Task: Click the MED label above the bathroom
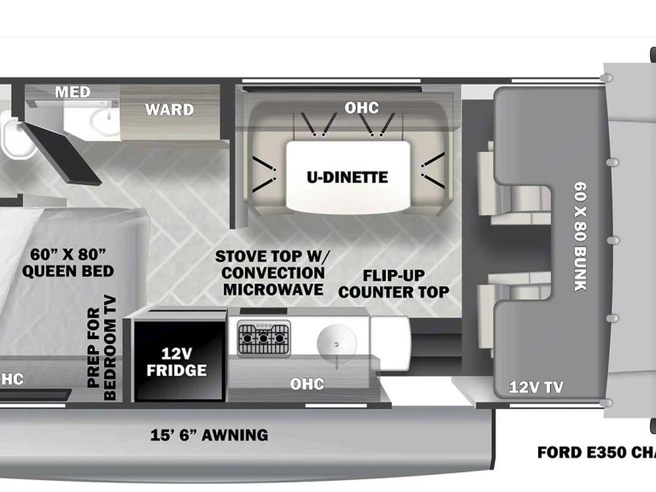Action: pyautogui.click(x=73, y=92)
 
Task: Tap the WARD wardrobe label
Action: pyautogui.click(x=169, y=109)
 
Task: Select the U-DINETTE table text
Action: pyautogui.click(x=347, y=178)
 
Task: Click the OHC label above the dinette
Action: pyautogui.click(x=361, y=108)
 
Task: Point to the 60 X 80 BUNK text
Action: pyautogui.click(x=581, y=236)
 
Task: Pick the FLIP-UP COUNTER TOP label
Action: pyautogui.click(x=394, y=284)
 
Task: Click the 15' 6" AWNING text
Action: pyautogui.click(x=209, y=435)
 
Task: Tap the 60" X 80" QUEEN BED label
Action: pyautogui.click(x=68, y=262)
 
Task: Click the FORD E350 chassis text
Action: pyautogui.click(x=595, y=452)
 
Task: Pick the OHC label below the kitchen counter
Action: pyautogui.click(x=307, y=384)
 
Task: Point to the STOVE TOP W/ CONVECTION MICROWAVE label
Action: pyautogui.click(x=272, y=272)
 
